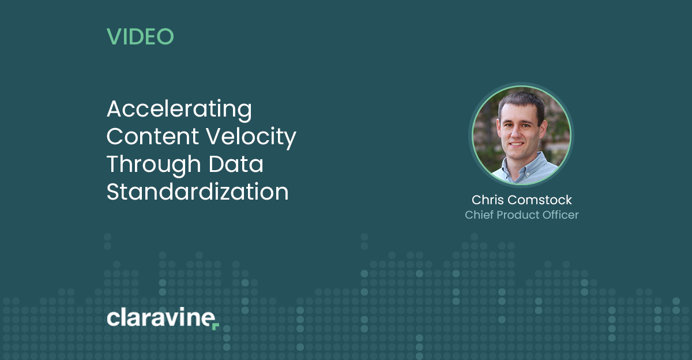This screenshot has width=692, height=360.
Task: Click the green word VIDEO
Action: pos(140,36)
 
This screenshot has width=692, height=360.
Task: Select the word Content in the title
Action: pos(153,136)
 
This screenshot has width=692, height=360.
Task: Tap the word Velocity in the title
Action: pos(251,137)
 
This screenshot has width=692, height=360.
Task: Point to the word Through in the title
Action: pos(154,165)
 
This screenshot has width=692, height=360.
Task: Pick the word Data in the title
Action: pos(236,164)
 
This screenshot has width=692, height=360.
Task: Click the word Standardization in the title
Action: pos(197,192)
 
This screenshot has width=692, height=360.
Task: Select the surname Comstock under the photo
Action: pos(539,200)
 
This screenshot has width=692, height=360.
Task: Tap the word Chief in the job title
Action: pos(479,215)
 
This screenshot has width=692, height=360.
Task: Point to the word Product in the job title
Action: pos(518,215)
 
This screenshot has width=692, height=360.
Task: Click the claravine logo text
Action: pos(161,317)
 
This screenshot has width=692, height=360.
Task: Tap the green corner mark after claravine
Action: pos(216,327)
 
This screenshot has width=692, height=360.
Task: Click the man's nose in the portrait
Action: pos(516,132)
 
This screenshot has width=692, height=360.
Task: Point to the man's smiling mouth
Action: pos(517,144)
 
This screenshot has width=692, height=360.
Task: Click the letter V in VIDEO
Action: pos(114,36)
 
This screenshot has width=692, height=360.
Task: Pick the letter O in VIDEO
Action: pos(166,36)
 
